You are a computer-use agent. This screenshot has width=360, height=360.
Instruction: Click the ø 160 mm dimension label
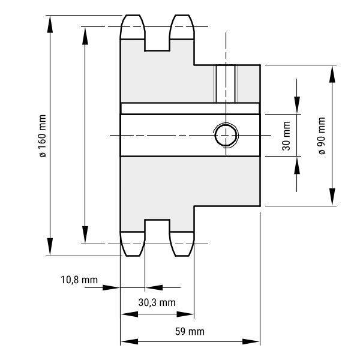click(x=43, y=136)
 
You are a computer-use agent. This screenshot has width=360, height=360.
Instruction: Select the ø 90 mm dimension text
click(x=322, y=136)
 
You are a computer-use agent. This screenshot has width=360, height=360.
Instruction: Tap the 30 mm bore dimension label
click(x=286, y=136)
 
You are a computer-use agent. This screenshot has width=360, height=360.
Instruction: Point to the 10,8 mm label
click(x=79, y=280)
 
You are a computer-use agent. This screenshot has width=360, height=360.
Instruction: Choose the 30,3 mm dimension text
click(x=157, y=302)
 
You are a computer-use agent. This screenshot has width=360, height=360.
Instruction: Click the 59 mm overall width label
click(x=190, y=332)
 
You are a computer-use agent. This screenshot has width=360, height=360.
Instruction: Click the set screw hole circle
click(x=226, y=135)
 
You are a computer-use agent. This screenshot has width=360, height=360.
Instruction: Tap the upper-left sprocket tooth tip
click(x=133, y=16)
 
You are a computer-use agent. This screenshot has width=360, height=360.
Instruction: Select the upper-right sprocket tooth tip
click(x=182, y=16)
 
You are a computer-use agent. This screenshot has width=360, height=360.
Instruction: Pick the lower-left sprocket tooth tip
click(x=133, y=256)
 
